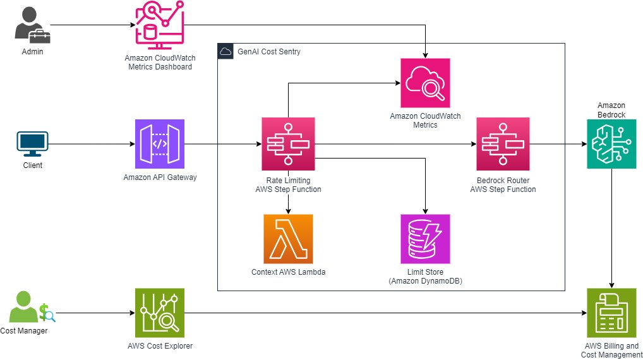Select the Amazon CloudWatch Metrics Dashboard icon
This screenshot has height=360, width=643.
(x=159, y=26)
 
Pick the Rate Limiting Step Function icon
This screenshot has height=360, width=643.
(x=288, y=144)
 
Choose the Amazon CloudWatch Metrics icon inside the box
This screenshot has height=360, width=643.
(x=425, y=83)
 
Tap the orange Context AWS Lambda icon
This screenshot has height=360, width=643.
(x=288, y=239)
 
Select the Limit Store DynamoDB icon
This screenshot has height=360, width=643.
(x=425, y=239)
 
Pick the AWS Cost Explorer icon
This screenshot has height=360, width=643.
(x=160, y=313)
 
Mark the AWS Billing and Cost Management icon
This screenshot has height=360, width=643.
(x=611, y=313)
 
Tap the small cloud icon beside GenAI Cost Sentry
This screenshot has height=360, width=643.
(x=225, y=52)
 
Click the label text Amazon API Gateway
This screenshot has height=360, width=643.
(x=160, y=177)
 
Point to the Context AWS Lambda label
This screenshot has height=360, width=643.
(x=288, y=273)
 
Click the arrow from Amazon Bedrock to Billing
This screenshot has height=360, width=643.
(x=611, y=227)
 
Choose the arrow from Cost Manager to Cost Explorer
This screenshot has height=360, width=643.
(x=95, y=313)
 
